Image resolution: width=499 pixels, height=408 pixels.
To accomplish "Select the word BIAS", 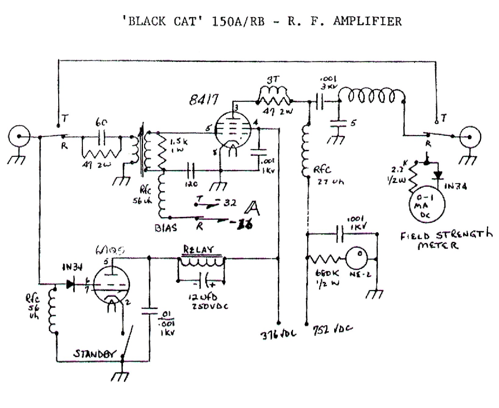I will click(x=166, y=228).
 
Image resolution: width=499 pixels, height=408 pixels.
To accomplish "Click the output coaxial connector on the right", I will click(x=470, y=137).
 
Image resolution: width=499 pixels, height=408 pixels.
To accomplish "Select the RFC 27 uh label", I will click(x=329, y=175).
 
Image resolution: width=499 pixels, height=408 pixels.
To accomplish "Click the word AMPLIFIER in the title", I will click(x=367, y=21).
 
